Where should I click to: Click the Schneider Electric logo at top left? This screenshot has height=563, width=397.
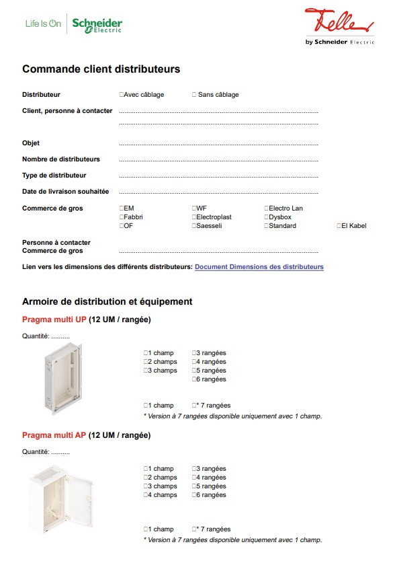point(97,25)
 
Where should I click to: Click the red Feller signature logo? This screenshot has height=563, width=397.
point(338,22)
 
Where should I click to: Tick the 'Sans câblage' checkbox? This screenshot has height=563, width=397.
point(195,95)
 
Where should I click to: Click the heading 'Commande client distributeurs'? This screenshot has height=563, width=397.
point(101,69)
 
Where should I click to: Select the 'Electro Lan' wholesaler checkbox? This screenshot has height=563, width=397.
point(267,209)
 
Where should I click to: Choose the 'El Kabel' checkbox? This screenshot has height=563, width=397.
point(339,226)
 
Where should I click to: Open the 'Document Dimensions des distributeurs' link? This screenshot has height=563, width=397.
point(259,267)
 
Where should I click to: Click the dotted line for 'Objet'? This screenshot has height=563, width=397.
point(218,145)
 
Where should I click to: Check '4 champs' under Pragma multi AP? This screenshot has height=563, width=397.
point(146,495)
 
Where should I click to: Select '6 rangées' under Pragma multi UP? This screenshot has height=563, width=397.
point(194,379)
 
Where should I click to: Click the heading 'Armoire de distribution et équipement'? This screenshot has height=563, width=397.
point(107,301)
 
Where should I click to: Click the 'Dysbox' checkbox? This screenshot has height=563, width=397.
point(267,217)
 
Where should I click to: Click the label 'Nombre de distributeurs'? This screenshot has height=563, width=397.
point(61,159)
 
